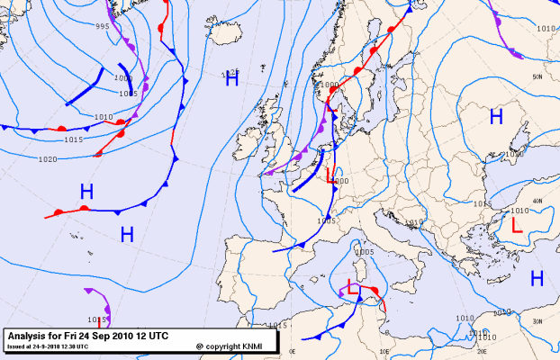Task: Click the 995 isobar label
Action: (x=102, y=26)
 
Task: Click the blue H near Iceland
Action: (x=231, y=79)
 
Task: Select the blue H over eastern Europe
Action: (x=495, y=115)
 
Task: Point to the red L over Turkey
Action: (x=516, y=225)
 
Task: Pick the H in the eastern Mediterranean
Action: (x=537, y=278)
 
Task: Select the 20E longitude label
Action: (x=482, y=353)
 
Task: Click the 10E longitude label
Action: (x=384, y=353)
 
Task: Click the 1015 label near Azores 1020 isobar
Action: (x=74, y=139)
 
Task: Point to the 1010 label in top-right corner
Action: (x=546, y=29)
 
